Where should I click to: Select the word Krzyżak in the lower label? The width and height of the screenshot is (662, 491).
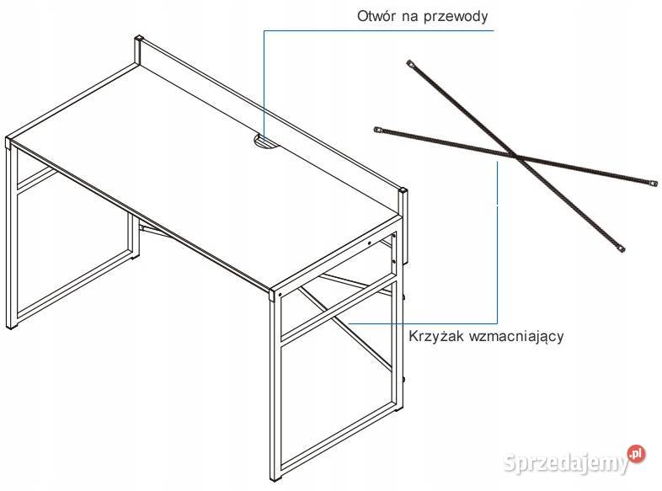(x=436, y=336)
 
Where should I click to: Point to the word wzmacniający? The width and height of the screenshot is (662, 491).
(x=516, y=338)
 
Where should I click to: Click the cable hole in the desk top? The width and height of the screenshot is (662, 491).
(x=264, y=141)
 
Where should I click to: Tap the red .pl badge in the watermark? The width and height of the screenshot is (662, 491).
(x=636, y=454)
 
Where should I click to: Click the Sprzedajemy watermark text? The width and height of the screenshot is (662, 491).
(x=566, y=463)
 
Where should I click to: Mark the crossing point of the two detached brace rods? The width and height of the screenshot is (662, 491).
(x=516, y=157)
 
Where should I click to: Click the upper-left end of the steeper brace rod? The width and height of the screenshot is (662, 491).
(x=409, y=63)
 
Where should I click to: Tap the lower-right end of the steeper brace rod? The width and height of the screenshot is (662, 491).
(x=621, y=249)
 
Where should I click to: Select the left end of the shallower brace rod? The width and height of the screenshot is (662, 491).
(x=377, y=129)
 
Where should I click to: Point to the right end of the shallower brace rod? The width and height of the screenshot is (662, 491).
(x=654, y=184)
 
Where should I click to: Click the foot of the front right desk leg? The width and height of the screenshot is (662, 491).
(x=276, y=478)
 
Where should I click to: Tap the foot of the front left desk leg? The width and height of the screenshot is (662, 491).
(x=12, y=326)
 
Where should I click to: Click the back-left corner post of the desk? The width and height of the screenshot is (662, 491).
(x=138, y=50)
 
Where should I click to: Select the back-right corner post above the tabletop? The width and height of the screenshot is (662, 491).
(x=403, y=203)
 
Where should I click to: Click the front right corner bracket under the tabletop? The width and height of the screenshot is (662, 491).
(x=275, y=294)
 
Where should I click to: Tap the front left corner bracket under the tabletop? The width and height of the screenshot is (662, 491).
(x=9, y=143)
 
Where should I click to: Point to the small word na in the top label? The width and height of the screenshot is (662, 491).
(x=408, y=17)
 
